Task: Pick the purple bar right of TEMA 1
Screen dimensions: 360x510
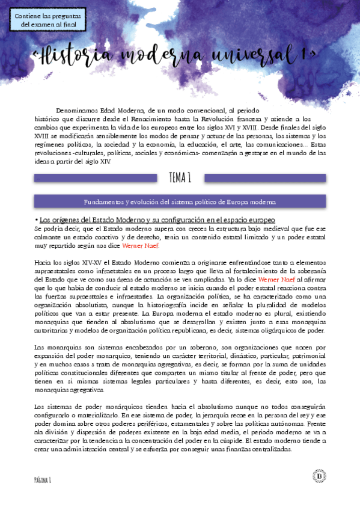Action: (x=265, y=178)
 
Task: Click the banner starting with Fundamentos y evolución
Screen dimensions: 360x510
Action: (x=180, y=201)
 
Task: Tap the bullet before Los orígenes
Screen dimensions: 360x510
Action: (x=37, y=220)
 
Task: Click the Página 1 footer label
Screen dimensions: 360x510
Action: (x=42, y=478)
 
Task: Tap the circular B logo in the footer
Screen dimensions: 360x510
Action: (x=319, y=476)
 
